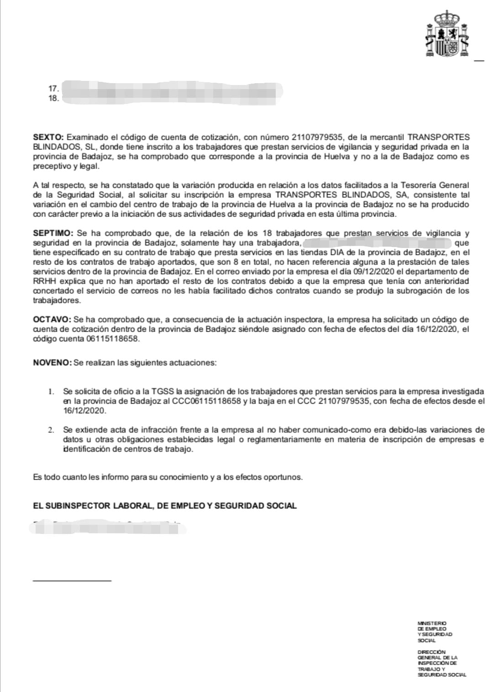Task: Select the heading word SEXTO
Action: [49, 137]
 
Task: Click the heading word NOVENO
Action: [52, 363]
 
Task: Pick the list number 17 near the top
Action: [53, 89]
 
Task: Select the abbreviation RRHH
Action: [44, 281]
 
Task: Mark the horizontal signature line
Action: [72, 581]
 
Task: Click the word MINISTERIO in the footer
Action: [432, 623]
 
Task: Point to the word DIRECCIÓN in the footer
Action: [431, 652]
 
